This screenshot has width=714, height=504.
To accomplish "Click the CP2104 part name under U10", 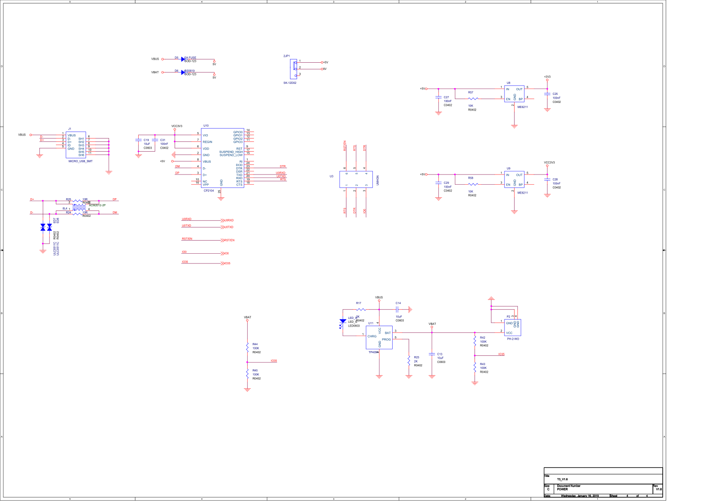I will pos(209,191).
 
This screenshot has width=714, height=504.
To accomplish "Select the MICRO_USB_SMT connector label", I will pos(81,161).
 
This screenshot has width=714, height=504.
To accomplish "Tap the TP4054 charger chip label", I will pos(373,352).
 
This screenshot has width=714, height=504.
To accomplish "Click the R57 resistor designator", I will pos(471,92).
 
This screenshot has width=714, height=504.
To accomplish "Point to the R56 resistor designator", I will pos(471,178).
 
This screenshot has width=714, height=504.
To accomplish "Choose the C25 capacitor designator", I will pos(555,94).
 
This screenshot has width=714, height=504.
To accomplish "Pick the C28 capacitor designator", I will pos(555,180).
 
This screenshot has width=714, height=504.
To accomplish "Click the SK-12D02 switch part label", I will pos(290,83).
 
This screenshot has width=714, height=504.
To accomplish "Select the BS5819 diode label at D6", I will pos(190,71).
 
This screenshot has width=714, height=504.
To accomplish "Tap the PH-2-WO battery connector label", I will pos(513,339).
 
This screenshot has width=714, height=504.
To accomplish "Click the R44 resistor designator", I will pos(255,344).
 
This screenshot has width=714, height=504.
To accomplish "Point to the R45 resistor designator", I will pos(255,371).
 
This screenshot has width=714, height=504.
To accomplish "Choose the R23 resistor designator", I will pos(416,357).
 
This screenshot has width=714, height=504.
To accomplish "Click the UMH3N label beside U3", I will pos(377,180).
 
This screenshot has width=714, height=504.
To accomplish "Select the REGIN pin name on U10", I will pos(207,142).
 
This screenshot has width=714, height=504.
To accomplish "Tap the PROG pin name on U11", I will pos(386,339).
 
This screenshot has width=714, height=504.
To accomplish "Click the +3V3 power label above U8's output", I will pos(547,77).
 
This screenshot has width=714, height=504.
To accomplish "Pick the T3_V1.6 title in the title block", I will pos(562,479).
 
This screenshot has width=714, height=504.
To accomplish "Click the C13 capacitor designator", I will pos(440,354).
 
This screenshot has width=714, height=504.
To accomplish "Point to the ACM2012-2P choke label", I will pos(97,205).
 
